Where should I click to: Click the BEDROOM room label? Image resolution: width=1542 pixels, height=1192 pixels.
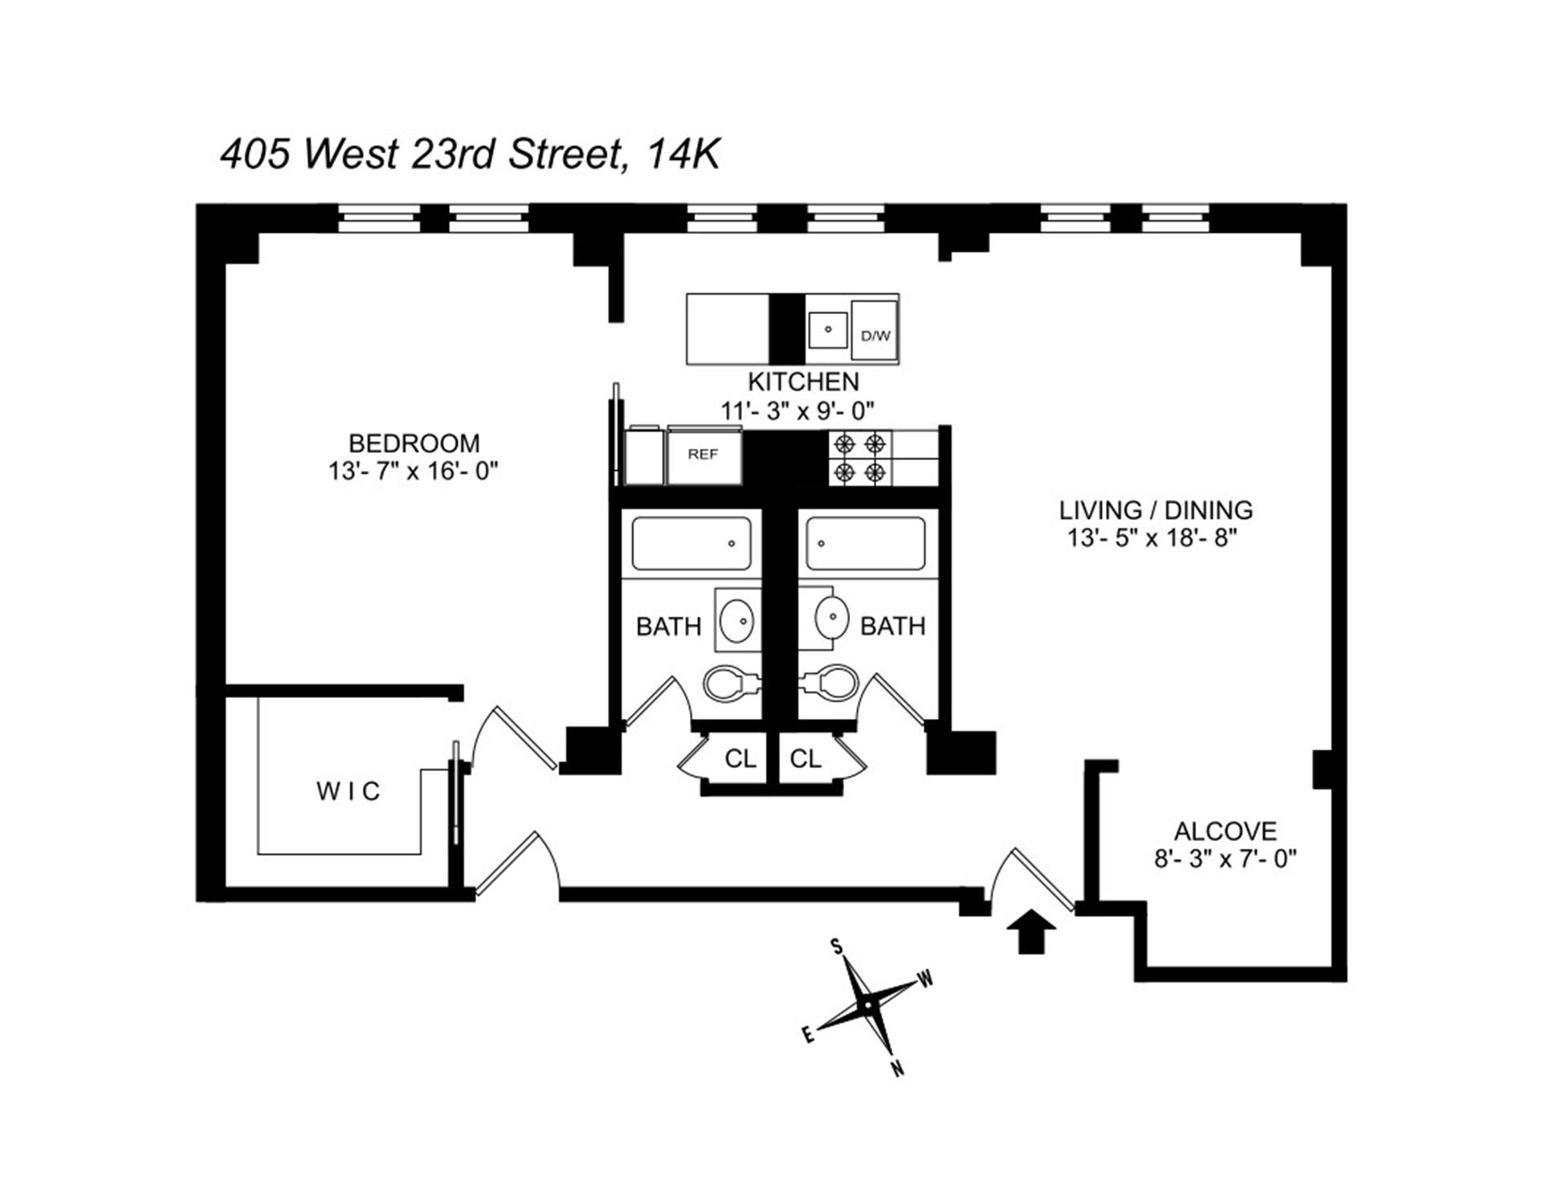pyautogui.click(x=414, y=443)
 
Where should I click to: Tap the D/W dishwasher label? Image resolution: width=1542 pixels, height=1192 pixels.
pyautogui.click(x=875, y=336)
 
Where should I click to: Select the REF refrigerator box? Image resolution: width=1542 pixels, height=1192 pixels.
pyautogui.click(x=703, y=456)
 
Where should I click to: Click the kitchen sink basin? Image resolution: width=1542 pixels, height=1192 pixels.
pyautogui.click(x=827, y=329)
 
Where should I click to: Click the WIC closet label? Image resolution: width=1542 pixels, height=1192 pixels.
pyautogui.click(x=348, y=792)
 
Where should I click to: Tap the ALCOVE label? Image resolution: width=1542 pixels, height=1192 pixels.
pyautogui.click(x=1225, y=831)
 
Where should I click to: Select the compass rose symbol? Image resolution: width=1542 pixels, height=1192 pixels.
pyautogui.click(x=868, y=1006)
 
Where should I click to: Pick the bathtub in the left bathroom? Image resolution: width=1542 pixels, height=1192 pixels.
pyautogui.click(x=691, y=544)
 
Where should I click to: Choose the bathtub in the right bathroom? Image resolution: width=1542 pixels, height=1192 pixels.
pyautogui.click(x=866, y=544)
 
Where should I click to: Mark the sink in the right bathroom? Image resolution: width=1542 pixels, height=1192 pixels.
pyautogui.click(x=832, y=618)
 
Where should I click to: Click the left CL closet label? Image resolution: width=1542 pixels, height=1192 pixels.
pyautogui.click(x=740, y=759)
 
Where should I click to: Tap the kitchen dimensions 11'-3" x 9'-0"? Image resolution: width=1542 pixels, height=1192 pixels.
pyautogui.click(x=797, y=411)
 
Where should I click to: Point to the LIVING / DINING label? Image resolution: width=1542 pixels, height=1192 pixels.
pyautogui.click(x=1156, y=510)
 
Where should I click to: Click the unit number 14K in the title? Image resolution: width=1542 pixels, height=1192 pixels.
pyautogui.click(x=683, y=154)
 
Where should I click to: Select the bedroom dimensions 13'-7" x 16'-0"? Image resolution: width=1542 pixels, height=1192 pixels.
pyautogui.click(x=413, y=471)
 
